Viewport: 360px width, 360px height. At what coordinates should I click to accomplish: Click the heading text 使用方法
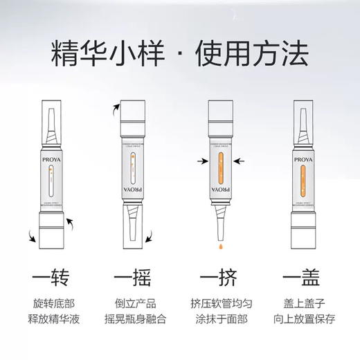click(258, 52)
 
